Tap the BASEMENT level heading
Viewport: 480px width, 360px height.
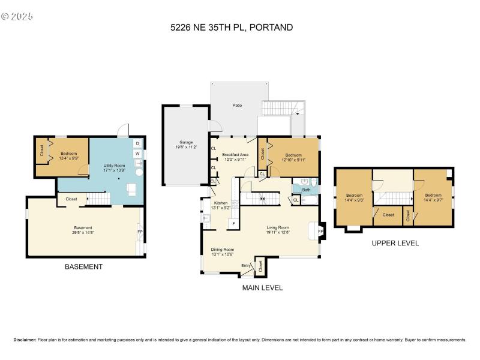coord(83,267)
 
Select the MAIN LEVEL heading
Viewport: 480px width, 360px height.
coord(262,288)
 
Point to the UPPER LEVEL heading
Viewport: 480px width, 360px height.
coord(395,243)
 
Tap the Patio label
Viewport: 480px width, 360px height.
coord(238,106)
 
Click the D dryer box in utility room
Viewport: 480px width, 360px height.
coord(137,143)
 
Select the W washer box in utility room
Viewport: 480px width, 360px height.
coord(137,154)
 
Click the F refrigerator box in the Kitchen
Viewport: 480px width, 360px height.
coord(233,223)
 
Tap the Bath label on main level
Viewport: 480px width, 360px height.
coord(306,190)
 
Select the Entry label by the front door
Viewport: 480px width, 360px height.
coord(246,265)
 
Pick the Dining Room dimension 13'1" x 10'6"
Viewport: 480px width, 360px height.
coord(222,254)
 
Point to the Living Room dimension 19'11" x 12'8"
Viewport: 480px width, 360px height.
coord(278,232)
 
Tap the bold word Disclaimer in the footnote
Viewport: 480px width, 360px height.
coord(24,340)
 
